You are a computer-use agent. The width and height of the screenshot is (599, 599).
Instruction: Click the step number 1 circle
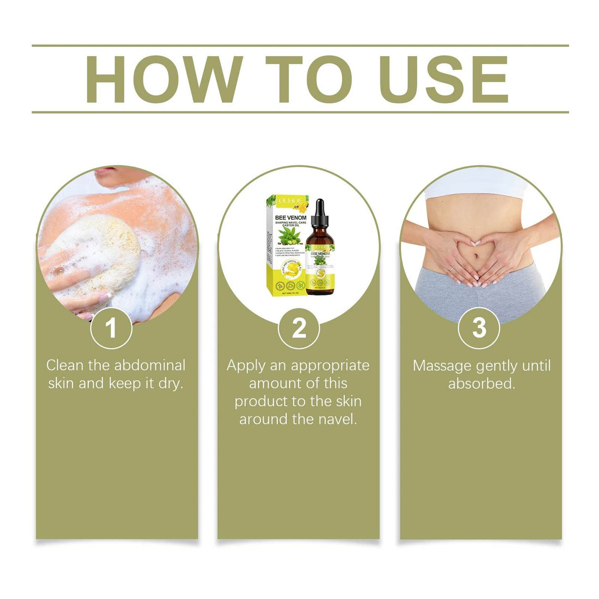point(111,328)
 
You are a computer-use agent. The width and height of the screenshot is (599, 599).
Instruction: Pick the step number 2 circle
point(299,328)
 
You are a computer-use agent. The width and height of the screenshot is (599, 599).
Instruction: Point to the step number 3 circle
point(479,328)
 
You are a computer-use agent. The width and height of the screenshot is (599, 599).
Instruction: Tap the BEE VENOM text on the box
point(290,217)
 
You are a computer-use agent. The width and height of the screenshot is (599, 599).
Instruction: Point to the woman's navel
point(478,258)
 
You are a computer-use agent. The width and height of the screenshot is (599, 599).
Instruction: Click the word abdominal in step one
point(150,366)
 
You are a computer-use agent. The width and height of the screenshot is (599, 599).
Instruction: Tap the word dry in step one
point(171,383)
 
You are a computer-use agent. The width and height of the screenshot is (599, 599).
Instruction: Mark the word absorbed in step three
point(481,383)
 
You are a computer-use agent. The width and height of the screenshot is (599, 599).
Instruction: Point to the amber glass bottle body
point(320,266)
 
